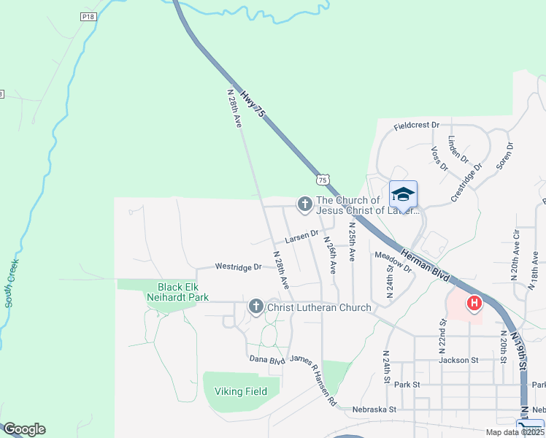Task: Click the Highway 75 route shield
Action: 323,179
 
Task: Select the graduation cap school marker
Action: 403,195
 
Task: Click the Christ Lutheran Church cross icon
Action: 255,307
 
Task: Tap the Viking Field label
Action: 240,391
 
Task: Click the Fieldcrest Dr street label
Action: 416,126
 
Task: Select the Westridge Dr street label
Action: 237,267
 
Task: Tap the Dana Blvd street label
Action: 266,359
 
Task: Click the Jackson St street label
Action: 458,360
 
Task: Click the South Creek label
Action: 11,281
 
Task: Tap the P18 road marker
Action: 88,16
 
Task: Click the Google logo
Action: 23,429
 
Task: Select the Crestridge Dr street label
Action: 467,177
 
